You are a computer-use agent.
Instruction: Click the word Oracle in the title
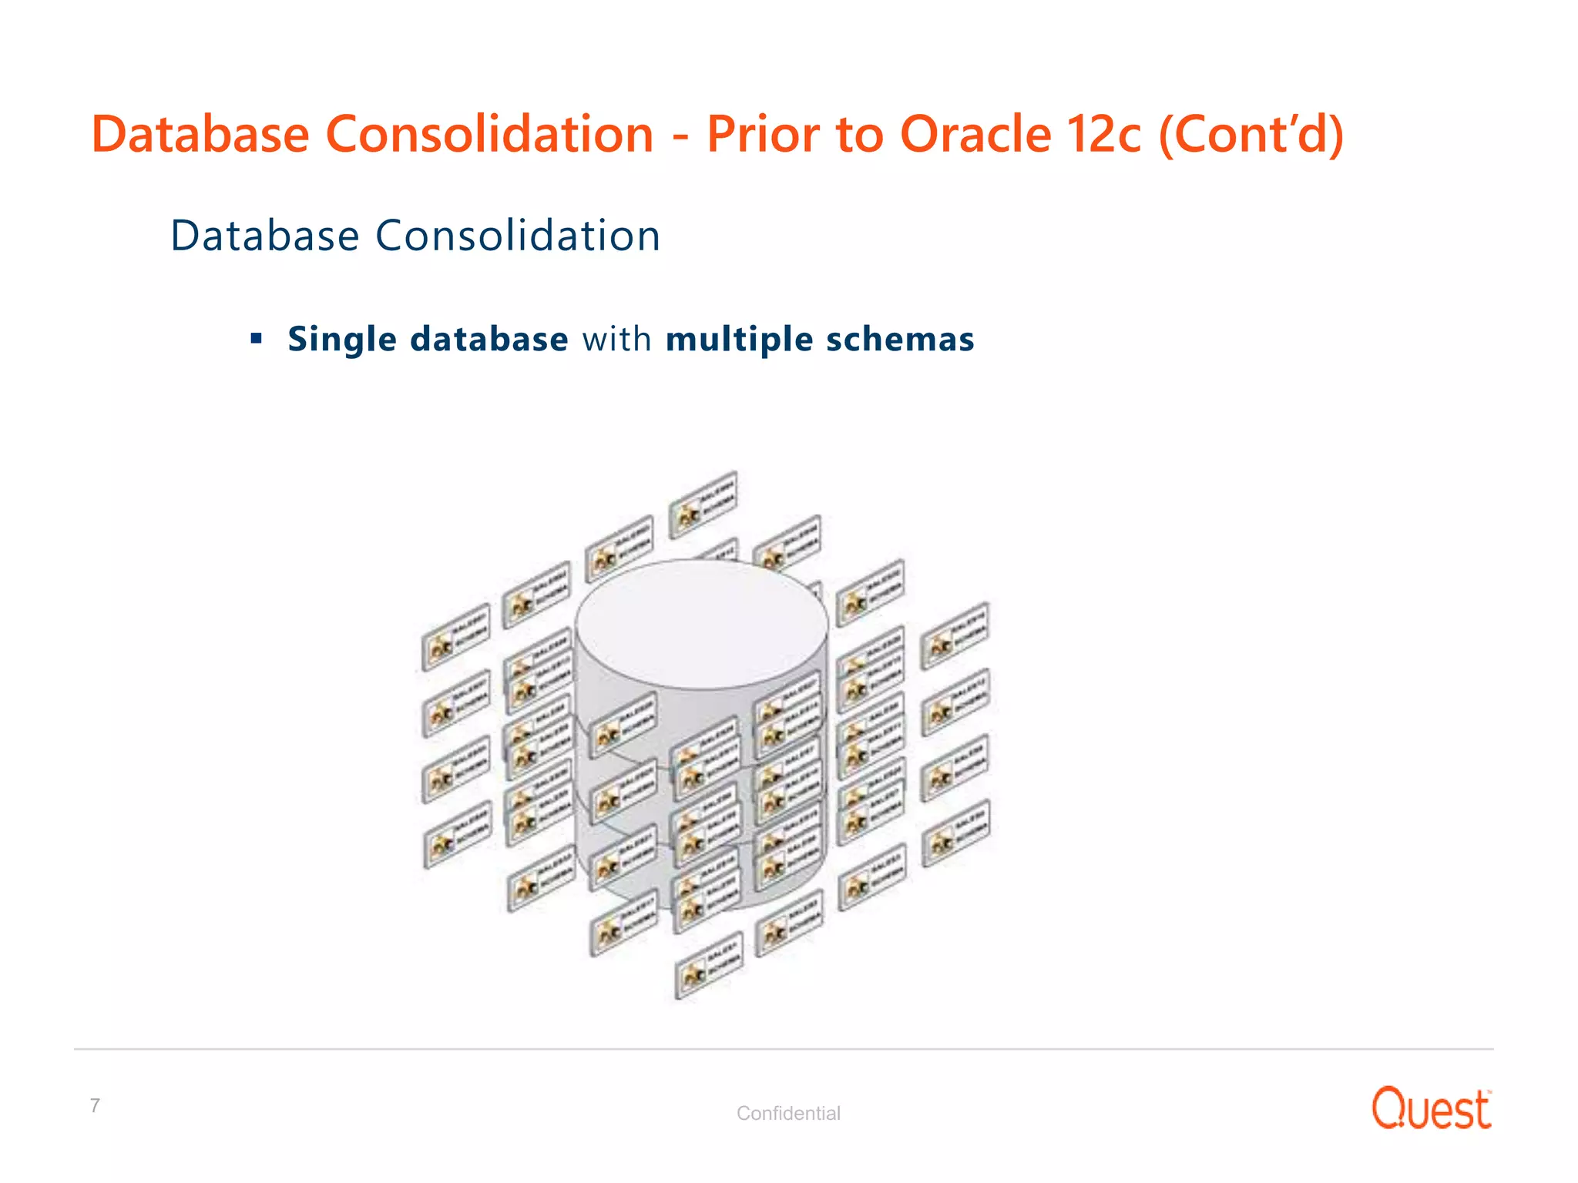click(x=975, y=135)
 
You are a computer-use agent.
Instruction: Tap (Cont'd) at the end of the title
click(x=1251, y=135)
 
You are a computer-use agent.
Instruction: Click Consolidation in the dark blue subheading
click(x=518, y=236)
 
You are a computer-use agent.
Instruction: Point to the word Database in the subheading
click(x=264, y=236)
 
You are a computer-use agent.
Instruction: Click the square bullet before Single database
click(x=257, y=338)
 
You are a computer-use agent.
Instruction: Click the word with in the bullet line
click(x=616, y=340)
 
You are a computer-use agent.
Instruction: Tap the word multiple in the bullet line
click(x=739, y=340)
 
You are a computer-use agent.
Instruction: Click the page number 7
click(x=95, y=1106)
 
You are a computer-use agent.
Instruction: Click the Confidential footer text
click(x=787, y=1113)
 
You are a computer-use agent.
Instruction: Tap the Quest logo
click(x=1431, y=1109)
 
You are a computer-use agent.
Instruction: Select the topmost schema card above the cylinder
click(x=703, y=504)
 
